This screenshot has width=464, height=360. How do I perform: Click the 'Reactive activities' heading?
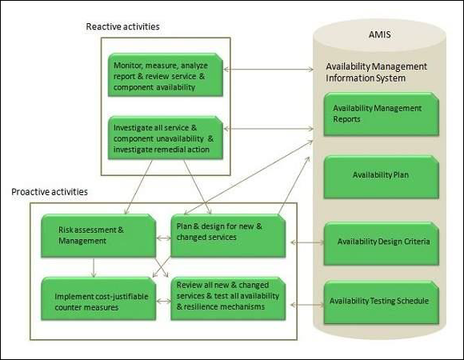coord(122,26)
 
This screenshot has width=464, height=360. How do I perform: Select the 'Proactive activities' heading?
coord(49,193)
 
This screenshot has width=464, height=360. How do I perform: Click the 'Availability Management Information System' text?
coord(376,72)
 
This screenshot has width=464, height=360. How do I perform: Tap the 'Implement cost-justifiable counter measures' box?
coord(96,298)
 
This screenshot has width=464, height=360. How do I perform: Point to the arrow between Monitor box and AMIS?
coord(269,70)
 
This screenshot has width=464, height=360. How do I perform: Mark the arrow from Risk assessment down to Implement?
coord(94,266)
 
